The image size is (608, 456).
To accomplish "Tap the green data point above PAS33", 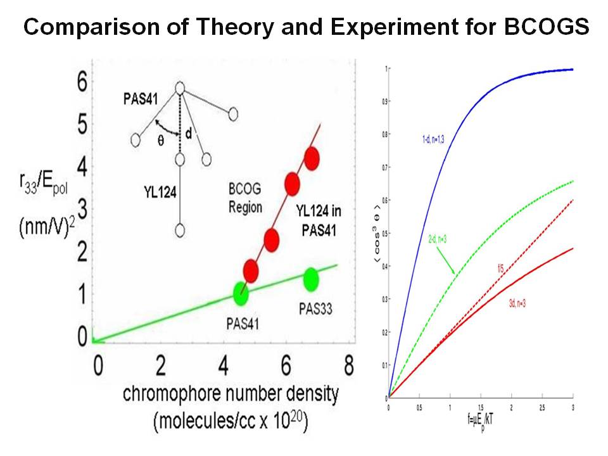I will click(310, 279).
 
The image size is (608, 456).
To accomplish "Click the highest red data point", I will click(311, 158).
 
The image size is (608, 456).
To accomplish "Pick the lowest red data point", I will click(251, 270).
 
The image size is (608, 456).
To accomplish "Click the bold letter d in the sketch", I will click(188, 134).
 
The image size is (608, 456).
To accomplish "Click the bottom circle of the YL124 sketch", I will click(179, 231).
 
